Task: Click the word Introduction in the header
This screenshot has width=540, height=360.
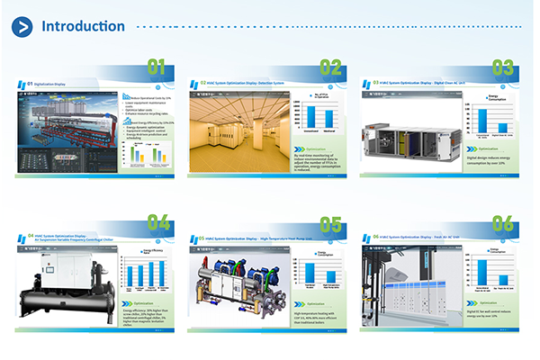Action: (x=84, y=25)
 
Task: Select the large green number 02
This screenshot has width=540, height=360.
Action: (x=330, y=67)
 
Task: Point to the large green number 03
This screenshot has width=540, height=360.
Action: (x=502, y=67)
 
